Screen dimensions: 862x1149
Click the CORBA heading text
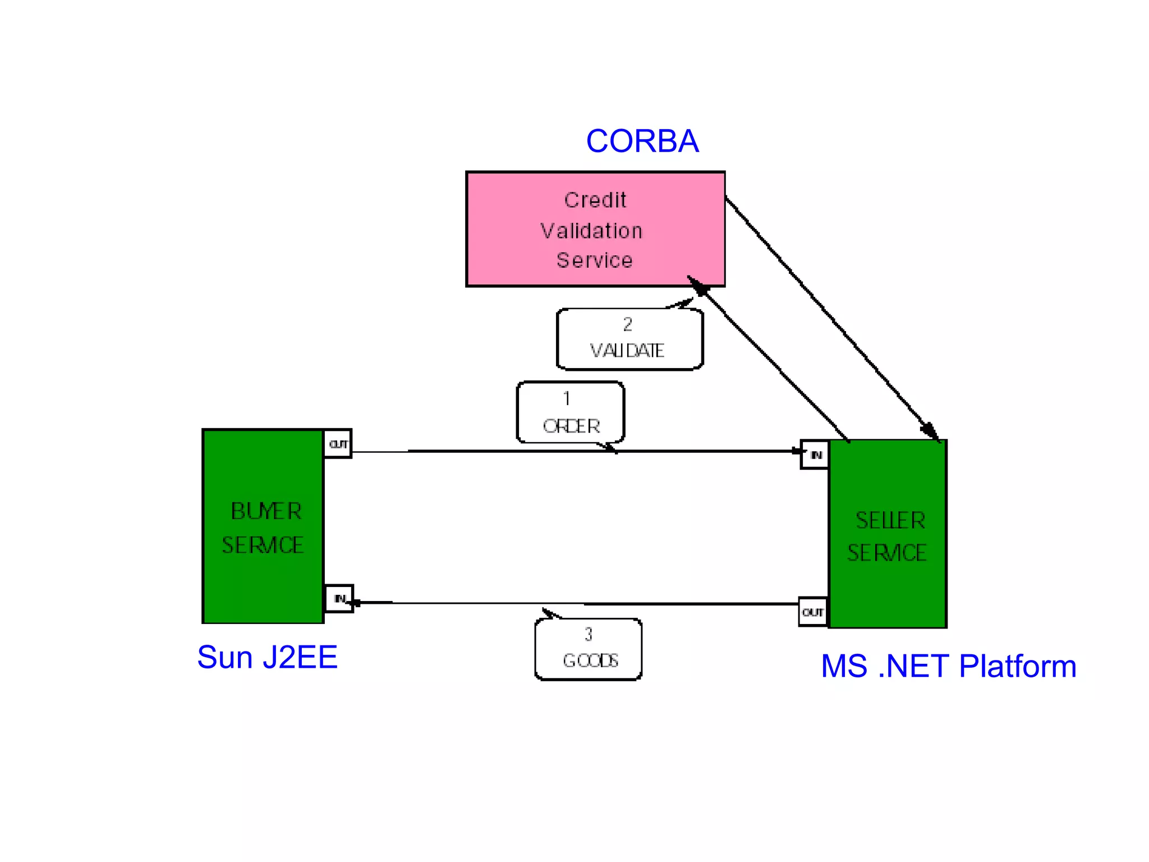(642, 141)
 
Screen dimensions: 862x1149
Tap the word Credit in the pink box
(595, 200)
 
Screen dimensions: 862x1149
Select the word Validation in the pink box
(591, 231)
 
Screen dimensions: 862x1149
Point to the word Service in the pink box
(595, 260)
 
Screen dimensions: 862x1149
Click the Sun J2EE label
(267, 657)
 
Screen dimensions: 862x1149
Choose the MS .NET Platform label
(948, 666)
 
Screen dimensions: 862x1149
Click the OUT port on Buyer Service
(338, 444)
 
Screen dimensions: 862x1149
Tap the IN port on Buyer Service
(339, 599)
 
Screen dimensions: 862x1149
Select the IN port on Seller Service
(815, 455)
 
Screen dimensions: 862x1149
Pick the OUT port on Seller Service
(813, 612)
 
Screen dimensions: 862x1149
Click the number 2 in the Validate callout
(628, 324)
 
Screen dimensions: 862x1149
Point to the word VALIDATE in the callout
(627, 351)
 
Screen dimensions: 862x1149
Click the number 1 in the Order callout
(567, 398)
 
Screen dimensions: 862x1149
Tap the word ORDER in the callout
(571, 426)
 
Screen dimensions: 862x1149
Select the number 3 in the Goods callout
(588, 634)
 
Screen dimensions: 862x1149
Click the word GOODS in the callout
(590, 661)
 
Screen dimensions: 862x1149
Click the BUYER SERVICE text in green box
(263, 528)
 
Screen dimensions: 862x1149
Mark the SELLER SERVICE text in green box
(888, 537)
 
